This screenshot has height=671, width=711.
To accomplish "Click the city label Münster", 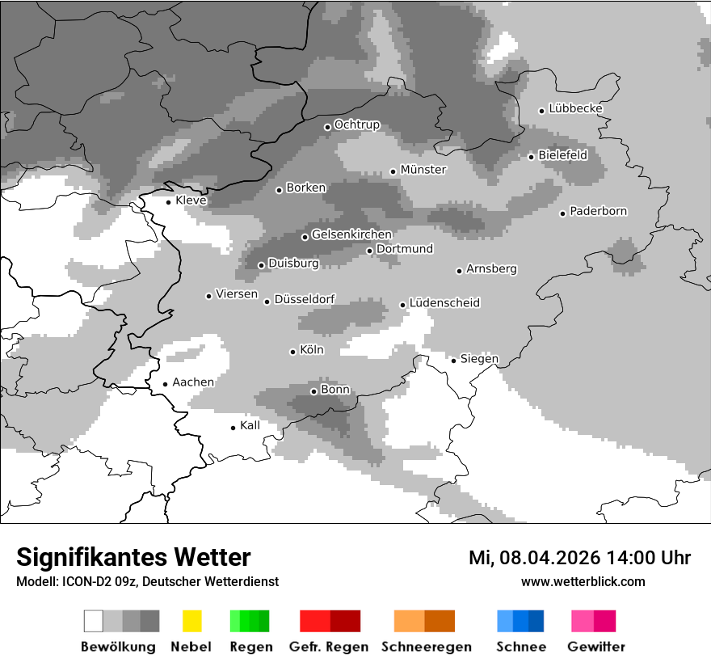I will [x=423, y=170].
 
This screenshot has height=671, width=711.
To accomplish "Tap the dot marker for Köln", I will [x=293, y=352].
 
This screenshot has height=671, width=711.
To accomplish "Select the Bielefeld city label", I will [x=562, y=154].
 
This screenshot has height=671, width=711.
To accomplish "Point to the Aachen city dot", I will [x=165, y=385].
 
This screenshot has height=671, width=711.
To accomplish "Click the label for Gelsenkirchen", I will [x=351, y=234].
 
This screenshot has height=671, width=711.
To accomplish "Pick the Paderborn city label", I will [x=598, y=211].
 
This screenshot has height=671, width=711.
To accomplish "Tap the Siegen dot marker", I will [x=454, y=361].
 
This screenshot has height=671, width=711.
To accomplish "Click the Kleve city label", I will [x=191, y=200].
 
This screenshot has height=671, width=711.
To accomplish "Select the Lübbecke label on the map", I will [x=575, y=108].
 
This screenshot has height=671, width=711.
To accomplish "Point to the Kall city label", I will [x=250, y=425].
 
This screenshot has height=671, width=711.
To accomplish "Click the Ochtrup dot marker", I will [x=327, y=127].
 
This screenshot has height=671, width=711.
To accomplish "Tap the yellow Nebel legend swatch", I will [x=191, y=621].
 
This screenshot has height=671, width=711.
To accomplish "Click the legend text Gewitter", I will [x=595, y=647].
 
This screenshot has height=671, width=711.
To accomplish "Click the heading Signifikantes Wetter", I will [x=133, y=557].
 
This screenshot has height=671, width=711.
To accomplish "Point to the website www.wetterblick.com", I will [x=583, y=581].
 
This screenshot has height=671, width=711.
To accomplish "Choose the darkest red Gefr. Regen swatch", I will [x=345, y=621].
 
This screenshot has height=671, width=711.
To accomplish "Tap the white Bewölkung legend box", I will [x=94, y=621].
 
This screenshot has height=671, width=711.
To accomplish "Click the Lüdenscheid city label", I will [x=444, y=302].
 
